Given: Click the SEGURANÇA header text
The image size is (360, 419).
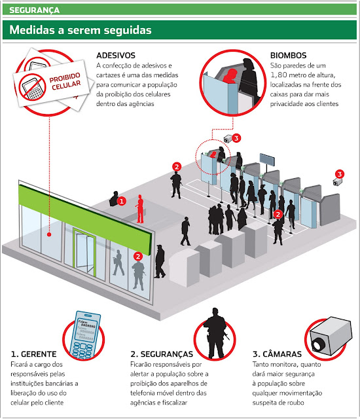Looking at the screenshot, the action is pos(34,10).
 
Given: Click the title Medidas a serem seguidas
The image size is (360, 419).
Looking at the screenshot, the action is pos(81,29).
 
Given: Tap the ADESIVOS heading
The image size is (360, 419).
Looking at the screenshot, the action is pos(116,55).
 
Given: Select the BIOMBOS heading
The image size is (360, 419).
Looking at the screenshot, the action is pos(288,55).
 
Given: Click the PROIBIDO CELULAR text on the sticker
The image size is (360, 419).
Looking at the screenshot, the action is pos(65,81).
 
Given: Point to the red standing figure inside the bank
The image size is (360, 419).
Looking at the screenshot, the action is pos(139,209).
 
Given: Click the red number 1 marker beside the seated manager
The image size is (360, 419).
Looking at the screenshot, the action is pos(122,201).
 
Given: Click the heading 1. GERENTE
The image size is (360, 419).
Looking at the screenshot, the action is pos(33,354).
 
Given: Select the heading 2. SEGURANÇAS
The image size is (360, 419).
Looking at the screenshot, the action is pos(162,354).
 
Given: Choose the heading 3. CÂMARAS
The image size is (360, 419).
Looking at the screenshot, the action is pos(277,354).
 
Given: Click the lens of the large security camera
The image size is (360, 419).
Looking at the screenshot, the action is pos(318,344).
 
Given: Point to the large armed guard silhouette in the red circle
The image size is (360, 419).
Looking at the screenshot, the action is pos(215,333).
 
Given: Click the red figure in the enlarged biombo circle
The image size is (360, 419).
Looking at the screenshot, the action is pos(230,77).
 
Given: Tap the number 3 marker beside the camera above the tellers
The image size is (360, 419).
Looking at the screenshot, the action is pos(236,138).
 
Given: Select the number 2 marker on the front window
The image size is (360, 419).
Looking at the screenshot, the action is pos(138,256).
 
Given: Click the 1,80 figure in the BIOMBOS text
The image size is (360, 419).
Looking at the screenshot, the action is pos(279,75).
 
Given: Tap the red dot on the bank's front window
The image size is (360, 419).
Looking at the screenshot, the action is pos(49,234).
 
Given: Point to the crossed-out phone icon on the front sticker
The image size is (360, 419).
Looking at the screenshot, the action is pos(33,87).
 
